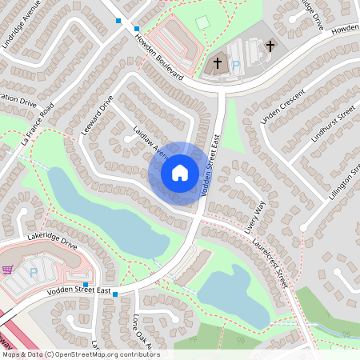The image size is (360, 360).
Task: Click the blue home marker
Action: tap(180, 173)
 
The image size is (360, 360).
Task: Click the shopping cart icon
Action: tap(8, 270)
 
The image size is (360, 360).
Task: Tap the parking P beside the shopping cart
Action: tap(34, 272)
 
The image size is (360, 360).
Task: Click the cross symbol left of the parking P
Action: tap(217, 62)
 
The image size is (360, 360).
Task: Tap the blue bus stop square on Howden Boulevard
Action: tap(118, 20)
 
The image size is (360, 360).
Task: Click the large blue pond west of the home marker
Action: tap(104, 220)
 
